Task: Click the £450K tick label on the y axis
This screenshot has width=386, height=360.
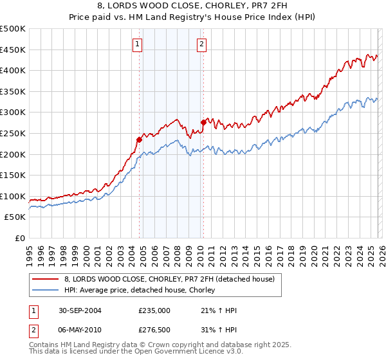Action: pos(13,50)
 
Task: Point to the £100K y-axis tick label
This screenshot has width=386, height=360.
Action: pos(13,196)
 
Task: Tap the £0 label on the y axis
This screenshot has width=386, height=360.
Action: pos(20,238)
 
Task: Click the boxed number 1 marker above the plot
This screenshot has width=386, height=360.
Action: pos(138,44)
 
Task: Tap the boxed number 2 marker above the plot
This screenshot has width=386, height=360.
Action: pos(201,44)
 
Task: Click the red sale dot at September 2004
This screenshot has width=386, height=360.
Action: pos(139,139)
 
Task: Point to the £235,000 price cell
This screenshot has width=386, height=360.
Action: pos(154,310)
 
